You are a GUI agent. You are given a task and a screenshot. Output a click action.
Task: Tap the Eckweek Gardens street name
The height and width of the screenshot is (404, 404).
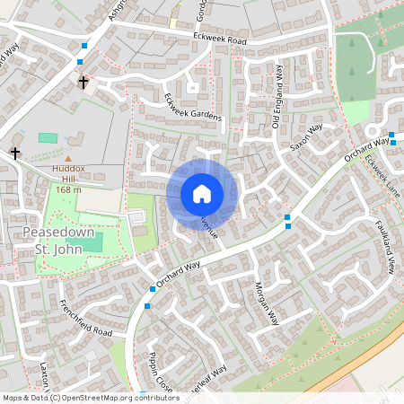[192, 112]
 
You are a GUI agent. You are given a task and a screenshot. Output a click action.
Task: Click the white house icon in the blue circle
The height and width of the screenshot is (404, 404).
[202, 193]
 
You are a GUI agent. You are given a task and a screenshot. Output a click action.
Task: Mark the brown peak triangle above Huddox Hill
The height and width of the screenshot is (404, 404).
[67, 159]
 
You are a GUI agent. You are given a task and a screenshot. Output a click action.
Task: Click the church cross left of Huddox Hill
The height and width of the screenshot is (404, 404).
[15, 154]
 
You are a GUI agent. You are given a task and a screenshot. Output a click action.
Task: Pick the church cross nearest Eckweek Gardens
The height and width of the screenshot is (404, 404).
[83, 83]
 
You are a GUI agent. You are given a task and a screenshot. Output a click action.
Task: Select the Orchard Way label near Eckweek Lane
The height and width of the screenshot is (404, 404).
[367, 150]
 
